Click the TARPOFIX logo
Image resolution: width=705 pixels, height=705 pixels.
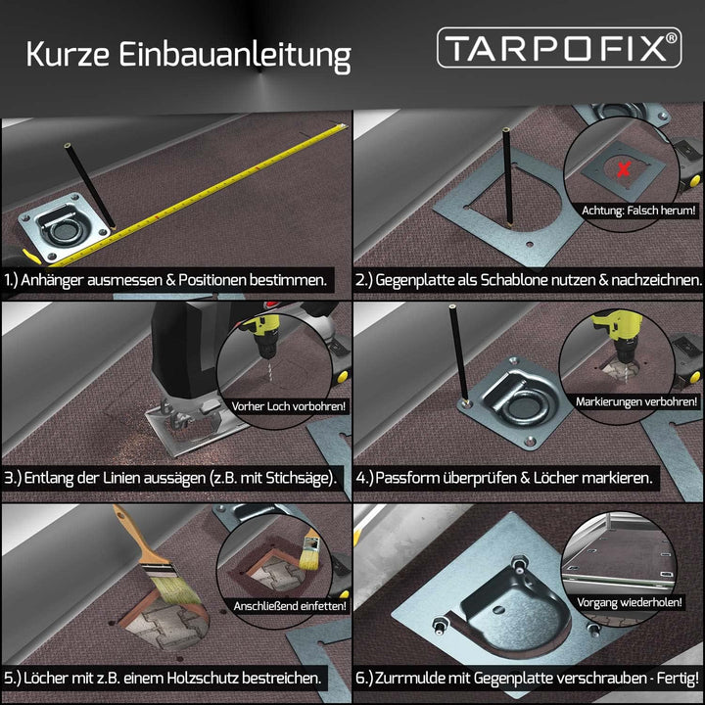click(x=559, y=48)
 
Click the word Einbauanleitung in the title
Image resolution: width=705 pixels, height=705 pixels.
click(x=235, y=56)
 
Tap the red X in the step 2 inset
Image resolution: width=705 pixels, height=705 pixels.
click(x=623, y=169)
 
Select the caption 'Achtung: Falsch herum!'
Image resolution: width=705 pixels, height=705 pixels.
click(x=638, y=211)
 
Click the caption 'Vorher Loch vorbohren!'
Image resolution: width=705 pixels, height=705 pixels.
click(x=289, y=406)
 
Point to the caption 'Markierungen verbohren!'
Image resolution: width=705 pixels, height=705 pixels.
click(x=636, y=401)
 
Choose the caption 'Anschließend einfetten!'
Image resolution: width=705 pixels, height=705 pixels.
click(x=290, y=606)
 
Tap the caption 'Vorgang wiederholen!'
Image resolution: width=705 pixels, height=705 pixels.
click(x=630, y=602)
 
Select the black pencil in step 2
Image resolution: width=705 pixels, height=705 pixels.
click(x=507, y=176)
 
